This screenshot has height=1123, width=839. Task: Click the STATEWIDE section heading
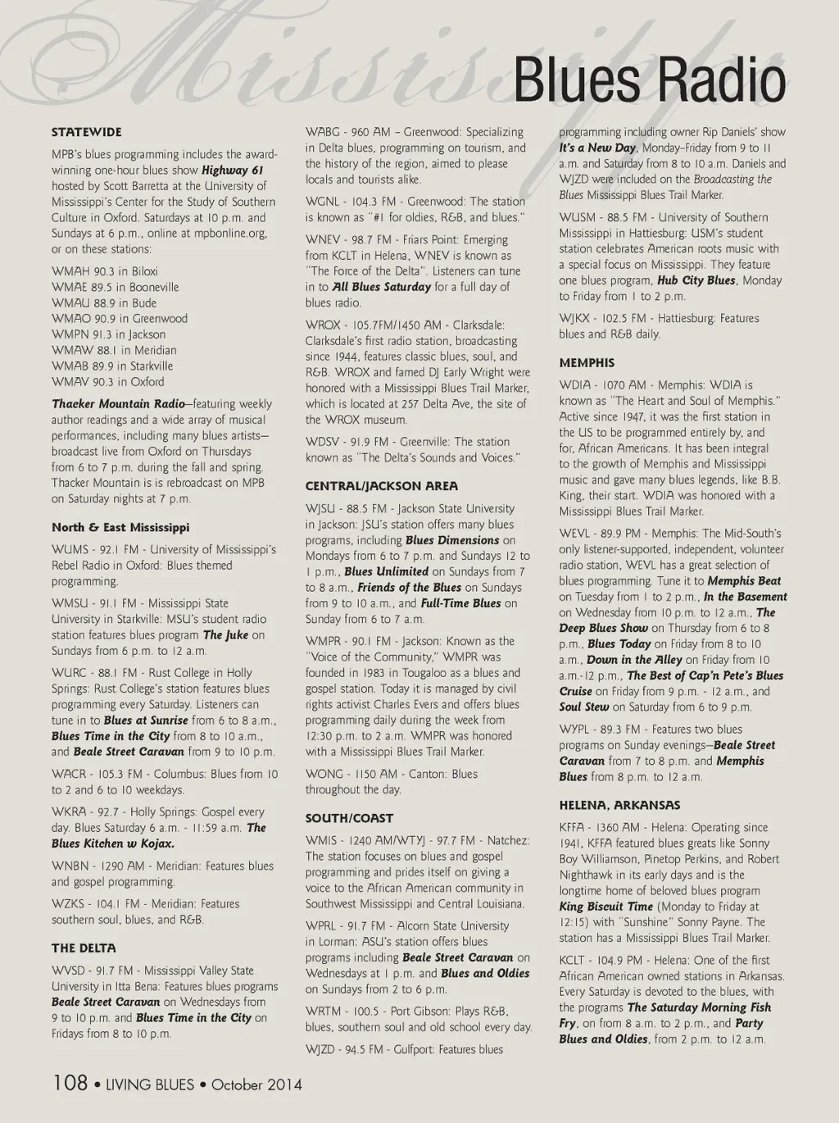[x=86, y=132]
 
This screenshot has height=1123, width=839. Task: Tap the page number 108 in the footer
[x=70, y=1083]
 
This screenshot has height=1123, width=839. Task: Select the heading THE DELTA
[x=84, y=948]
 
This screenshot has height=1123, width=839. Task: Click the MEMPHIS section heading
[x=587, y=362]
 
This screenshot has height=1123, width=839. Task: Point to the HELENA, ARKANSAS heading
[x=619, y=805]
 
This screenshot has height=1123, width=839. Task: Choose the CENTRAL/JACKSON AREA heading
[x=382, y=486]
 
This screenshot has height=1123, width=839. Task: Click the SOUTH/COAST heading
[x=349, y=818]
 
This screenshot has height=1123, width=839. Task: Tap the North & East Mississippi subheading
[x=120, y=527]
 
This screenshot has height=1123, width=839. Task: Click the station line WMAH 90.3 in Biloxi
[x=105, y=271]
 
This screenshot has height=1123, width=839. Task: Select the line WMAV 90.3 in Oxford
[x=107, y=382]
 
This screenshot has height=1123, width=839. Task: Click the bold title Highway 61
[x=233, y=170]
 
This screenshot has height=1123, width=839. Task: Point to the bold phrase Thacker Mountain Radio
[x=118, y=404]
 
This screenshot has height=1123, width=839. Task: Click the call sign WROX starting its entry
[x=323, y=325]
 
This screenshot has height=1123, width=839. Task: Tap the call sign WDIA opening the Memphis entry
[x=575, y=385]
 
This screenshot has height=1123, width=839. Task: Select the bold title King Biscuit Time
[x=605, y=907]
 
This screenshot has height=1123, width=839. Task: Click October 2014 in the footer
[x=256, y=1084]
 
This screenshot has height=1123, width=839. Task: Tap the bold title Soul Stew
[x=584, y=707]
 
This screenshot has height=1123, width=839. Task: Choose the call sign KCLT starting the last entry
[x=572, y=961]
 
